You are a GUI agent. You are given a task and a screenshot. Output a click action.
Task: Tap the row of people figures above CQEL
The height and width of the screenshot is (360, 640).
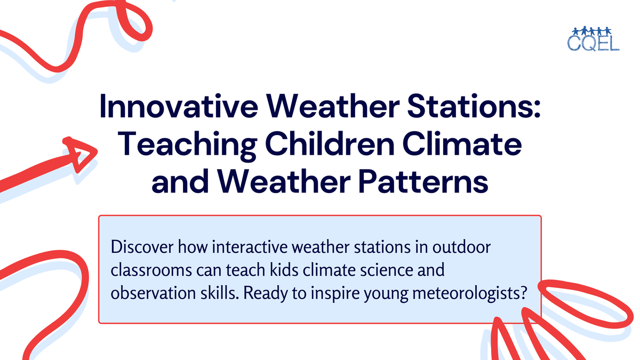593,30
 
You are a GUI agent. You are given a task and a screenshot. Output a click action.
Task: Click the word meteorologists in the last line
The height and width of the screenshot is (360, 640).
459,293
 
